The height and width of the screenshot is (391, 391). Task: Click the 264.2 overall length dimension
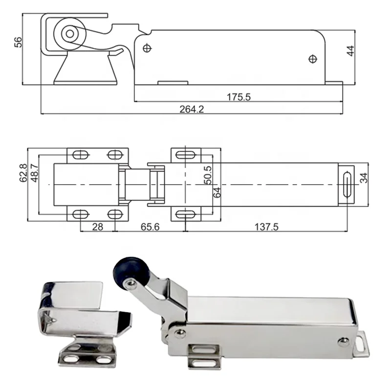[192, 109]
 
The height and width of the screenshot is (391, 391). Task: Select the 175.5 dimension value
[239, 97]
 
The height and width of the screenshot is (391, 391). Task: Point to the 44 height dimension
[350, 51]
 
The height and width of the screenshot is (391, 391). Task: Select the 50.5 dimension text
[208, 174]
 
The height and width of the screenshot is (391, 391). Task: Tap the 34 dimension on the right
[364, 178]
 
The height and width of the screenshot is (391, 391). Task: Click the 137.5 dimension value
[266, 227]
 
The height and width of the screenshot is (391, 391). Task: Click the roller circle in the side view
[69, 34]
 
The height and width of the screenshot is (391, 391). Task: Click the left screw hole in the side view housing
[147, 48]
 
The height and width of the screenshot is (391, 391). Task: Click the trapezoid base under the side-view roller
[86, 69]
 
